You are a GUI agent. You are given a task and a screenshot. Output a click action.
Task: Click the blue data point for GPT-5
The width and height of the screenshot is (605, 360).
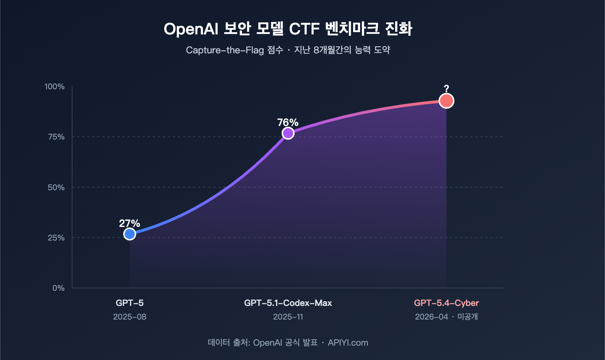pos(130,234)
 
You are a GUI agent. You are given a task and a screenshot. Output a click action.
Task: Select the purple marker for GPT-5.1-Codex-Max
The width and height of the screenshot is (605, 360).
pos(288,133)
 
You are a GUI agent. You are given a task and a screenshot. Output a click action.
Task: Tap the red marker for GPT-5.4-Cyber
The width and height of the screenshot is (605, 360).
pos(446,101)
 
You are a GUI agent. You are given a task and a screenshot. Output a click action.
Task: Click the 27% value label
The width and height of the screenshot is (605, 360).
pos(129,223)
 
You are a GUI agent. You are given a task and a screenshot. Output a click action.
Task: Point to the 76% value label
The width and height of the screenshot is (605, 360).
pos(288,123)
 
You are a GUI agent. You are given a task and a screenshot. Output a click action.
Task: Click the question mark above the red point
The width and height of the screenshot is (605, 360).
pos(446,89)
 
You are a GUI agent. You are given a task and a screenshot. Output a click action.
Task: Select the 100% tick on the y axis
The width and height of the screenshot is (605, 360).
pos(54,87)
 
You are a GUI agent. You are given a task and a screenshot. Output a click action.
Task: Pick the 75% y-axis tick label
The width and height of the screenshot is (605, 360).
pos(56,137)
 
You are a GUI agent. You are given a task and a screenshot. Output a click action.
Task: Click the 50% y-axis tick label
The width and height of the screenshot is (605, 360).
pos(56,188)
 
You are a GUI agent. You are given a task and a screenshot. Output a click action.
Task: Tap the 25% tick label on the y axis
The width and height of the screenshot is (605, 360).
pos(56,238)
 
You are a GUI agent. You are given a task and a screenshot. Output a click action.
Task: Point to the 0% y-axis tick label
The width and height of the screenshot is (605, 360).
pos(58,288)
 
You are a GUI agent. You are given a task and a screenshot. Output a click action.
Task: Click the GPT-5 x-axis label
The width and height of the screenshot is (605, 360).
pos(129,303)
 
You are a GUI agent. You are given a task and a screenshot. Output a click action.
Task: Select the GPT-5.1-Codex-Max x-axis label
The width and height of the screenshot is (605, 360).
pos(288,303)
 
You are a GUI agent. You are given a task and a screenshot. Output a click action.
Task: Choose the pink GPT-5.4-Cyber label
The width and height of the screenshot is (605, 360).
pos(446,303)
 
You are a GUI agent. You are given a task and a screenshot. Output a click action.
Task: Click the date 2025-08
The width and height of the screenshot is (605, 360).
pos(129,317)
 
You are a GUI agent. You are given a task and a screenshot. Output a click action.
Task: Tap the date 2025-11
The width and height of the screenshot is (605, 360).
pos(288,317)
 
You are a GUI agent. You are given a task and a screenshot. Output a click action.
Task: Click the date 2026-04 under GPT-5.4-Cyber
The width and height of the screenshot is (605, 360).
pos(431,317)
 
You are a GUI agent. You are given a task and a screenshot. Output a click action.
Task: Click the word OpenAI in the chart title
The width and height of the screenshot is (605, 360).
pos(191,29)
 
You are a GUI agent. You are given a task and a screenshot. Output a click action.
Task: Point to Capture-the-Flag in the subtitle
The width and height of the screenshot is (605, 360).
pos(225,50)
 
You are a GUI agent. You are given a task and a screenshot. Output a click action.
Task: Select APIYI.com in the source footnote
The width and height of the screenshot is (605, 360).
pos(348,343)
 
